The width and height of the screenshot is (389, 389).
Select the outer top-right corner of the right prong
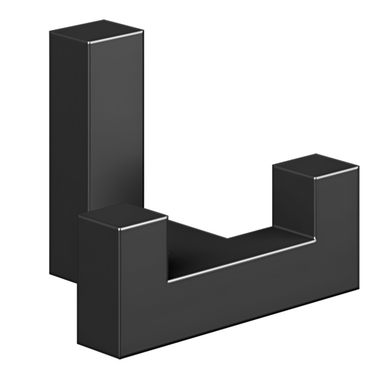[358, 167]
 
